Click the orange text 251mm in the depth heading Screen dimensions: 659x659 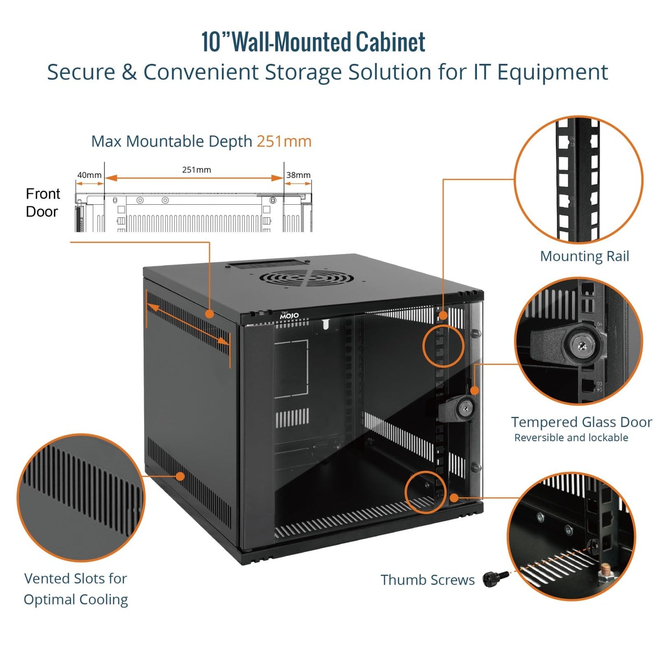coord(284,141)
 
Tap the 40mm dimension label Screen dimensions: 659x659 coord(89,175)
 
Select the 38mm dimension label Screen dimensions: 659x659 coord(298,175)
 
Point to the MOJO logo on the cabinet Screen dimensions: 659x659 coord(289,316)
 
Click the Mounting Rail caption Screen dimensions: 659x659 coord(584,256)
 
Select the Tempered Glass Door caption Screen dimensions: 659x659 coord(581,422)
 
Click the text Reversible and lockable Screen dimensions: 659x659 coord(571,438)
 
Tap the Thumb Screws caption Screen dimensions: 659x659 coord(427,580)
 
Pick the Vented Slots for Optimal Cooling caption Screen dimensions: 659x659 coord(76,589)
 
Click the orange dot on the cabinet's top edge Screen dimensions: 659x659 coord(209,314)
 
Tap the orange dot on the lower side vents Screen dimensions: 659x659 coord(180,477)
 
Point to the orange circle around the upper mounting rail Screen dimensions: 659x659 coord(443,346)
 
